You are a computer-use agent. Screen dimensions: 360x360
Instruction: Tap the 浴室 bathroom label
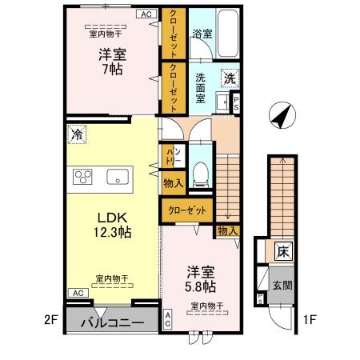pos(202,35)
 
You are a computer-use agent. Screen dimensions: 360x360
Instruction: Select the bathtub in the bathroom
pos(229,31)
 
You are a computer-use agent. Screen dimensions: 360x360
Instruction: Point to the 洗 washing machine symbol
pos(230,79)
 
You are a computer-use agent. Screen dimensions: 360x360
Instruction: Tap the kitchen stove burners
pos(84,177)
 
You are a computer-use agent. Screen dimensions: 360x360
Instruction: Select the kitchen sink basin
pos(118,178)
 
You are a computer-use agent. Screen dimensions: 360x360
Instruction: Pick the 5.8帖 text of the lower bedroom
pos(200,286)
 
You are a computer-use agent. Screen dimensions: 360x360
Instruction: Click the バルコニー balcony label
pos(113,322)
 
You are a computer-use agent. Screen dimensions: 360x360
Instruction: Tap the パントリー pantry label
pos(173,156)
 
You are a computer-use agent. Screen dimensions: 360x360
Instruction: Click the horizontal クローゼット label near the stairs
pos(186,210)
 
